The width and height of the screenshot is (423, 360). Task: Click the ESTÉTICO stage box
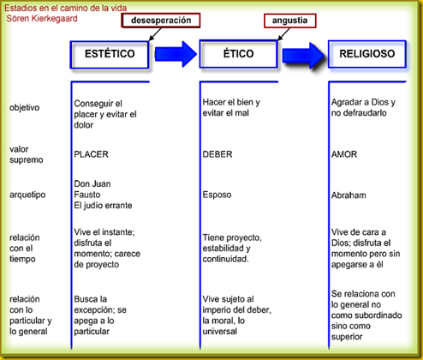click(x=110, y=55)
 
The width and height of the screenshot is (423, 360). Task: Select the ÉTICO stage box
click(x=238, y=54)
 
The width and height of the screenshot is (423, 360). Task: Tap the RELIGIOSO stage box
click(x=367, y=54)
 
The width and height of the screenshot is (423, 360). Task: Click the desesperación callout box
click(x=161, y=21)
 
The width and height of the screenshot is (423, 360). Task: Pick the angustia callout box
click(x=290, y=21)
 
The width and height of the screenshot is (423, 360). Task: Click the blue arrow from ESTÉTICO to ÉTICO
click(x=176, y=54)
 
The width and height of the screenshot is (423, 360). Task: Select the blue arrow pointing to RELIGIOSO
click(x=304, y=55)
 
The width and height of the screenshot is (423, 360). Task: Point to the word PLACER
click(x=91, y=154)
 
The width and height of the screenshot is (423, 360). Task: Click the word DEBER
click(x=217, y=154)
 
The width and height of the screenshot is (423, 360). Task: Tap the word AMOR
click(x=344, y=154)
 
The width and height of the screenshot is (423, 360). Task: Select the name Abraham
click(x=349, y=195)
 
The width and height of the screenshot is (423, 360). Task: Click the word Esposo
click(x=217, y=195)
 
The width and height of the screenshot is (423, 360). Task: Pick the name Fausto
click(x=87, y=195)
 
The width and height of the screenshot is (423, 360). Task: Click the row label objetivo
click(x=24, y=108)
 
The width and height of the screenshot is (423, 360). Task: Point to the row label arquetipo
click(x=27, y=195)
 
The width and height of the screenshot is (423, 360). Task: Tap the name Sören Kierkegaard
click(x=42, y=19)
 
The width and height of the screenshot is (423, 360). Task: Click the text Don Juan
click(x=92, y=183)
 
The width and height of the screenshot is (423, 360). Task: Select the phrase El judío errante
click(x=103, y=206)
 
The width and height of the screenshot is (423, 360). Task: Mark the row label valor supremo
click(x=26, y=154)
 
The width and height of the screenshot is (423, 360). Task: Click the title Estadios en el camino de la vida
click(x=65, y=8)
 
